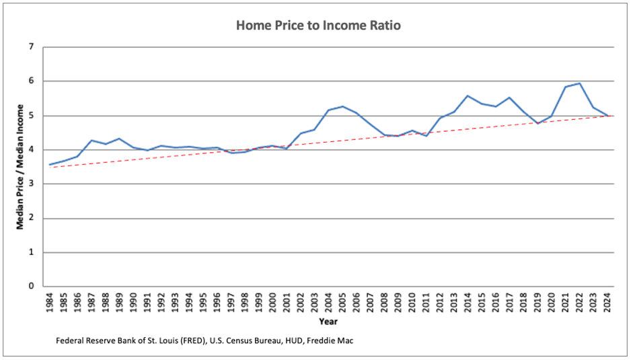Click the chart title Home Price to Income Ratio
pyautogui.click(x=319, y=26)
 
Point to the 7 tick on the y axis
pyautogui.click(x=31, y=47)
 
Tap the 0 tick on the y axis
pyautogui.click(x=31, y=287)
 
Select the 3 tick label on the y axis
pyautogui.click(x=31, y=184)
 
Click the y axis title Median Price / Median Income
pyautogui.click(x=20, y=166)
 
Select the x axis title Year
pyautogui.click(x=328, y=321)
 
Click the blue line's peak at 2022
pyautogui.click(x=580, y=83)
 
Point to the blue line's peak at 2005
pyautogui.click(x=342, y=106)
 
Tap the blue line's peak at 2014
pyautogui.click(x=468, y=96)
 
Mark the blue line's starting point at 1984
pyautogui.click(x=49, y=165)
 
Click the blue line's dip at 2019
pyautogui.click(x=538, y=123)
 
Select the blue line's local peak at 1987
pyautogui.click(x=91, y=140)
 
